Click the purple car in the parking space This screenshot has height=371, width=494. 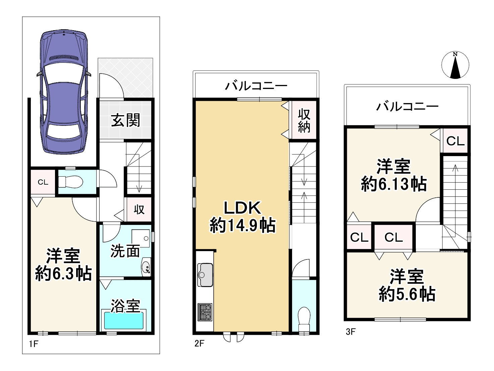[x=64, y=92]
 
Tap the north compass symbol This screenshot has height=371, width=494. [x=455, y=66]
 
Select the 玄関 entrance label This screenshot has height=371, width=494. [x=125, y=120]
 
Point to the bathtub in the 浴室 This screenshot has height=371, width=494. [x=124, y=321]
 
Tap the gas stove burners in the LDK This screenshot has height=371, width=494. [x=205, y=312]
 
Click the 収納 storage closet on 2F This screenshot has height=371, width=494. [x=304, y=121]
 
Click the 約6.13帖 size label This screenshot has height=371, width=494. [x=393, y=184]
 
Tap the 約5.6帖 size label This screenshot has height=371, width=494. [x=407, y=294]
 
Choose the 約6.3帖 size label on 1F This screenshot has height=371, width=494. [x=63, y=274]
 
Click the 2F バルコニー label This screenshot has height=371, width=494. [x=256, y=86]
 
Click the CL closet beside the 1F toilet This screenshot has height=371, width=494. [x=43, y=182]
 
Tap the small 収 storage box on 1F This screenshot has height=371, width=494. [x=139, y=210]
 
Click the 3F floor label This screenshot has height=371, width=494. [x=350, y=332]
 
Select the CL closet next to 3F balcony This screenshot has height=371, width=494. [x=455, y=141]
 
